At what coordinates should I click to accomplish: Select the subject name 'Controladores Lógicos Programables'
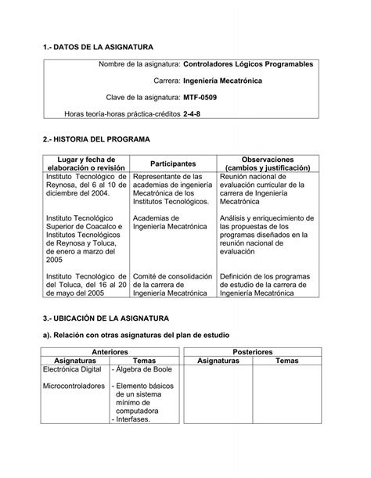pos(248,63)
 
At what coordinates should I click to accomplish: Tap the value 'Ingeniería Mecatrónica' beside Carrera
pos(223,81)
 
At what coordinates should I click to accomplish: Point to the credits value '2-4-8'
pos(193,115)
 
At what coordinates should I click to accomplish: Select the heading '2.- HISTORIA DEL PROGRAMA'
pos(95,139)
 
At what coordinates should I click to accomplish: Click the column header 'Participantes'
pos(172,164)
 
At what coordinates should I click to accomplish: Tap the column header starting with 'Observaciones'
pos(267,164)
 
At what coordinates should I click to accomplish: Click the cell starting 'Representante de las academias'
pos(172,189)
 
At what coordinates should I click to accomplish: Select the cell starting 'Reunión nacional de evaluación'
pos(267,189)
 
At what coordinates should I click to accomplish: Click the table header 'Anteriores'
pos(110,352)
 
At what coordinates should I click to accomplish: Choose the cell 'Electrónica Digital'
pos(74,370)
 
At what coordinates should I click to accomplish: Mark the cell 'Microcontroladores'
pos(74,387)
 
